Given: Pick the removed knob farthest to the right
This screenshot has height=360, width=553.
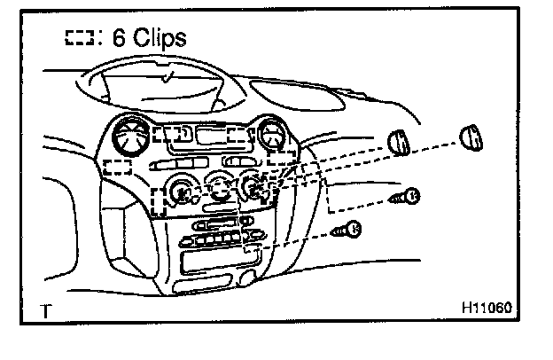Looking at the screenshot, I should click(x=471, y=139).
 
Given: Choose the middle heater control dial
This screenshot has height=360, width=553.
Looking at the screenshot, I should click(x=217, y=188).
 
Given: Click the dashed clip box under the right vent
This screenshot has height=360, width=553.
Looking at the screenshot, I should click(x=282, y=158).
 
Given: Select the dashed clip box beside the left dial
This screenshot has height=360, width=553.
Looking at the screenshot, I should click(x=160, y=200).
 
